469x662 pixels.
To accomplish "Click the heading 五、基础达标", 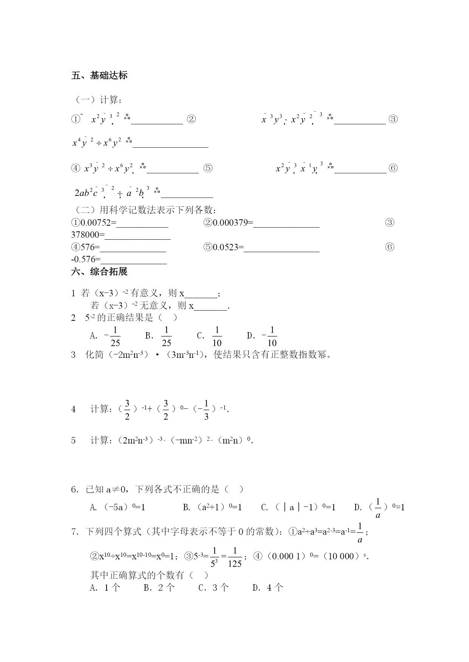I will point(99,75).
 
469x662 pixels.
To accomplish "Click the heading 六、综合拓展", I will point(99,272).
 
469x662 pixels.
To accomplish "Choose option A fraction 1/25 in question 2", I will point(115,337).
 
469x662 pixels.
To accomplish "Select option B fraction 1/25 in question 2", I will point(166,337).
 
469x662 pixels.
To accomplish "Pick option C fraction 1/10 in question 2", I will point(217,337).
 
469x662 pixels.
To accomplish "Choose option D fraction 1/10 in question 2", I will point(272,337).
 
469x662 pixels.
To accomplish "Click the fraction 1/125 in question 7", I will point(235,557).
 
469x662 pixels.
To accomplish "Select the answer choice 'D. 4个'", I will point(268,587).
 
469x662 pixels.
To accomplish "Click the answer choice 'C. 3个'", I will point(214,587).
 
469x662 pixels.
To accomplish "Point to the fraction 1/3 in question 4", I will point(206,410).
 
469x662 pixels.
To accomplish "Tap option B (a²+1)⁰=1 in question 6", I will point(212,507).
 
